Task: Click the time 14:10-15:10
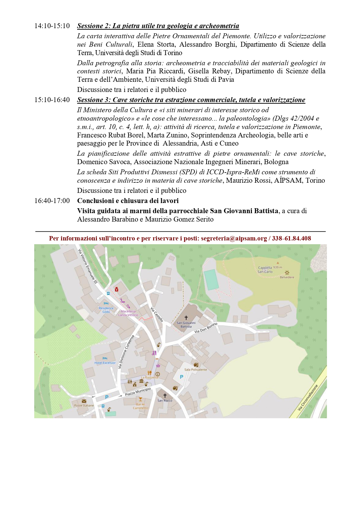click(52, 26)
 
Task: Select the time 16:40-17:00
click(52, 201)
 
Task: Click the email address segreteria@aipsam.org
click(234, 238)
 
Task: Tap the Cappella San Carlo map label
click(265, 270)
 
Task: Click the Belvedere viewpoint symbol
click(287, 273)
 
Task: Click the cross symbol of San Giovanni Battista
click(186, 318)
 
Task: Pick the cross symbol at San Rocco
click(165, 396)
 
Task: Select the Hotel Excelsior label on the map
click(105, 363)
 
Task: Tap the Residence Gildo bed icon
click(106, 303)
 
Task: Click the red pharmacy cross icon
click(117, 289)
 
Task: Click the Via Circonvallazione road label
click(308, 397)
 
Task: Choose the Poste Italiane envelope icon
click(84, 401)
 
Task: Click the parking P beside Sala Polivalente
click(182, 377)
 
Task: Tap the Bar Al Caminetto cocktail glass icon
click(140, 399)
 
